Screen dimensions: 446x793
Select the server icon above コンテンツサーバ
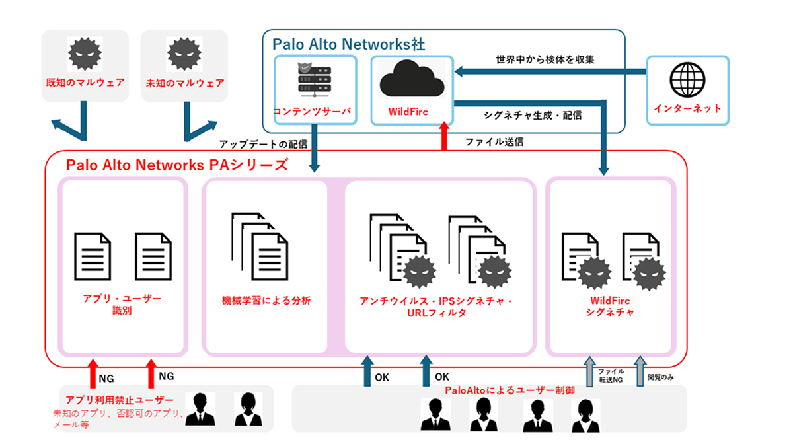(x=315, y=80)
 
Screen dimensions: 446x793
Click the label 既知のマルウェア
(x=85, y=84)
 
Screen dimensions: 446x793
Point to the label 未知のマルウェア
(x=184, y=84)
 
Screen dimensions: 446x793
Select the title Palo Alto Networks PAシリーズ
(x=176, y=165)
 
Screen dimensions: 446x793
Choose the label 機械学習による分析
(x=266, y=301)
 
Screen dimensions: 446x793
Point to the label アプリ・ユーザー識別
(x=122, y=304)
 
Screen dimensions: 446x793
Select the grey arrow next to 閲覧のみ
(x=639, y=371)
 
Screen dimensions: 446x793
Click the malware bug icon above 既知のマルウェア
(x=85, y=53)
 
